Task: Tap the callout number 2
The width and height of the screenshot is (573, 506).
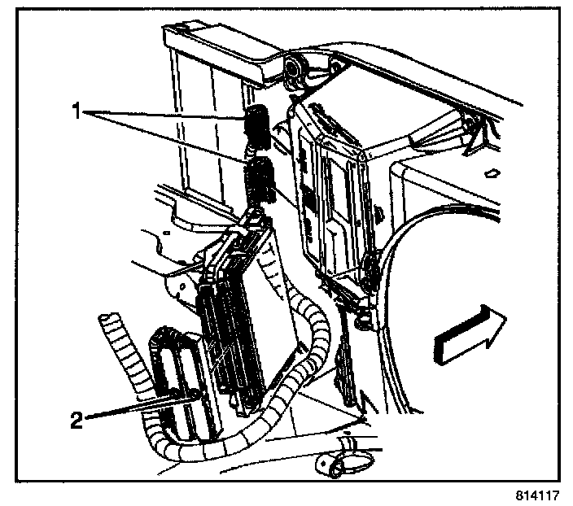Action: click(x=76, y=420)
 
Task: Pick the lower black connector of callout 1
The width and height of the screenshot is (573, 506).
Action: click(x=260, y=181)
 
